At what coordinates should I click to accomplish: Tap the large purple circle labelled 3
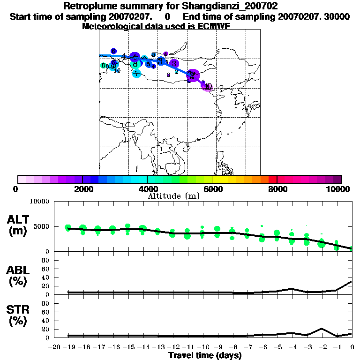coord(174,63)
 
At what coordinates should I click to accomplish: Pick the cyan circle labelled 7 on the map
coord(136,73)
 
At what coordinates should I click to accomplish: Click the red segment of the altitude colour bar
coord(272,179)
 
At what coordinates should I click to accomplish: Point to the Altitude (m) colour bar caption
coord(173,196)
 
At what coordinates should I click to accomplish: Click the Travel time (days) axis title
coord(205,356)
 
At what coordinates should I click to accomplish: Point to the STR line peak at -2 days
coord(322,329)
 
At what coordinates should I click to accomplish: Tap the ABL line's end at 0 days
coord(351,282)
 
